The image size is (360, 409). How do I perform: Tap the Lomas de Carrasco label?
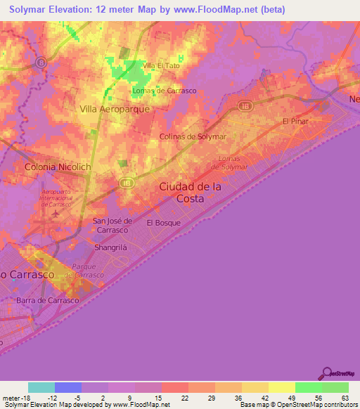click(x=164, y=91)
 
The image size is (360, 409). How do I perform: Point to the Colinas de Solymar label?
click(x=192, y=136)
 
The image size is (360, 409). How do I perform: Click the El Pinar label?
click(x=295, y=121)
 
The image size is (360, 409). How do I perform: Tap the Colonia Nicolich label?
click(x=58, y=167)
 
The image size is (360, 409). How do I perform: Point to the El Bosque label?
click(x=163, y=223)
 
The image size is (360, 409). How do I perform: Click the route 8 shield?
click(x=42, y=62)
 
